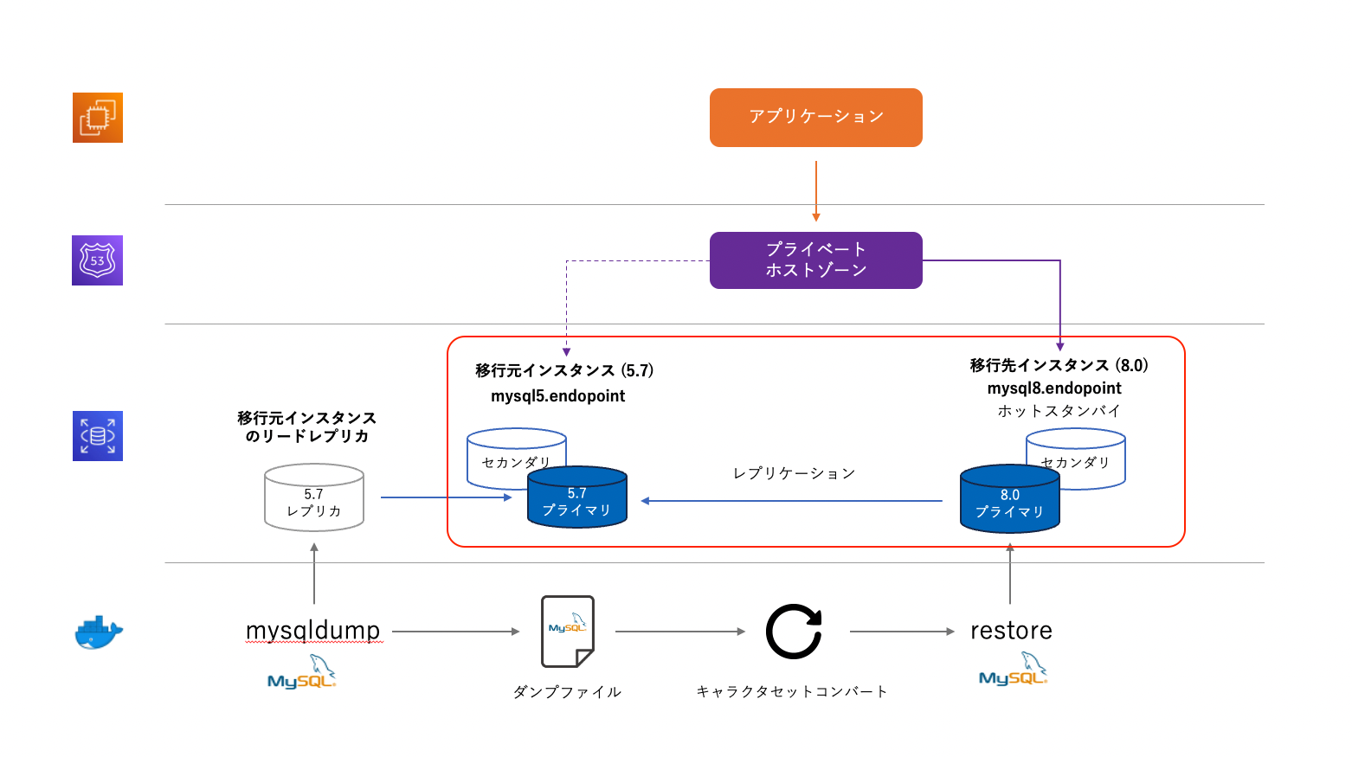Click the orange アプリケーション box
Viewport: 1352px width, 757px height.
coord(815,118)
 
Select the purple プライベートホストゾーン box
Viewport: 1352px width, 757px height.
coord(815,260)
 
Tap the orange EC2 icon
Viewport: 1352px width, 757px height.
coord(97,118)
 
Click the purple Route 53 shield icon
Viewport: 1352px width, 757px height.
coord(97,260)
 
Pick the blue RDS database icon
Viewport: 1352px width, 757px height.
coord(97,436)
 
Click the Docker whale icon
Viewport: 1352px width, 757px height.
coord(98,632)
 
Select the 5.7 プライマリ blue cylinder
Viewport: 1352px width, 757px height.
coord(577,500)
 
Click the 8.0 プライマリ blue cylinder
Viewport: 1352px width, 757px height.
coord(1009,502)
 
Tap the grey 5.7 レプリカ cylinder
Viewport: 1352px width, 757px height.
coord(313,499)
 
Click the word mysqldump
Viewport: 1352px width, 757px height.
coord(312,631)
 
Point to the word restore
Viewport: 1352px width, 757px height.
coord(1011,631)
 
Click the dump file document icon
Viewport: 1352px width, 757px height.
coord(568,632)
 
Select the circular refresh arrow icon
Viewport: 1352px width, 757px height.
coord(794,632)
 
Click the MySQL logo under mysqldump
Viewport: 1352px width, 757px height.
coord(302,673)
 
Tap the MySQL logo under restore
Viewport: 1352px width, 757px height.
coord(1014,670)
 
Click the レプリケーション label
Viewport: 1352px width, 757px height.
coord(794,474)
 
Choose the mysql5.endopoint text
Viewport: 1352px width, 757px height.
coord(557,396)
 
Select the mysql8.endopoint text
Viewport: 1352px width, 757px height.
coord(1054,388)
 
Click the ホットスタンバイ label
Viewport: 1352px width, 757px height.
coord(1059,411)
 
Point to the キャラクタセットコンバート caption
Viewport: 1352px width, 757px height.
coord(792,691)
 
